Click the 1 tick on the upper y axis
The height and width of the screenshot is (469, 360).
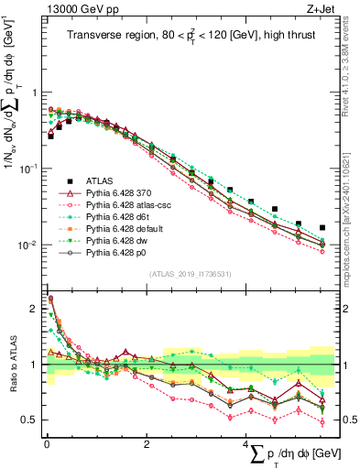(x=35, y=93)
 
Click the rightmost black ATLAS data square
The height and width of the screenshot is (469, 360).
(x=322, y=227)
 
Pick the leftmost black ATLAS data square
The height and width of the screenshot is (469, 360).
(x=50, y=136)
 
